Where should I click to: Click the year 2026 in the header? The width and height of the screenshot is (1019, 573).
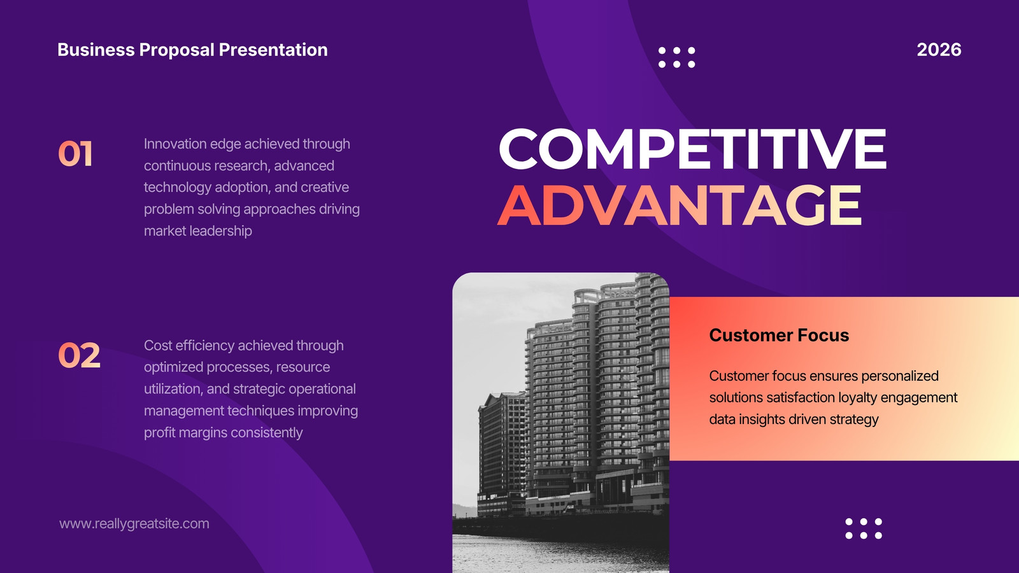[939, 50]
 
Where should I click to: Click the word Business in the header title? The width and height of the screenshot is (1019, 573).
[96, 50]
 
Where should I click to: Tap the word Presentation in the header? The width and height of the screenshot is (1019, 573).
[273, 50]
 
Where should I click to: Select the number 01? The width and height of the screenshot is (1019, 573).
[76, 153]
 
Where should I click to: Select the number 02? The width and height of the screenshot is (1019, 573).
[79, 355]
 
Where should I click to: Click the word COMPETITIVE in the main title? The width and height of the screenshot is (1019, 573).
[692, 148]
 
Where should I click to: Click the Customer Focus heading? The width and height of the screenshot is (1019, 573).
[779, 335]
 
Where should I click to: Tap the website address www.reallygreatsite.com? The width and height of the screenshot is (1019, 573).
[134, 524]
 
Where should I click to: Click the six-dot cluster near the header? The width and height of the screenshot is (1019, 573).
[677, 57]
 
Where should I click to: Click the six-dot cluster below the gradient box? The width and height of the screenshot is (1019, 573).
[864, 528]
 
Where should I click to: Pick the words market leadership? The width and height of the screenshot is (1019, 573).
[198, 231]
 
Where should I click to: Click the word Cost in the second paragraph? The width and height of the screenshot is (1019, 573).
[157, 346]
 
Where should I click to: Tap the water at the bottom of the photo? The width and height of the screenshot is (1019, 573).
[560, 554]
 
